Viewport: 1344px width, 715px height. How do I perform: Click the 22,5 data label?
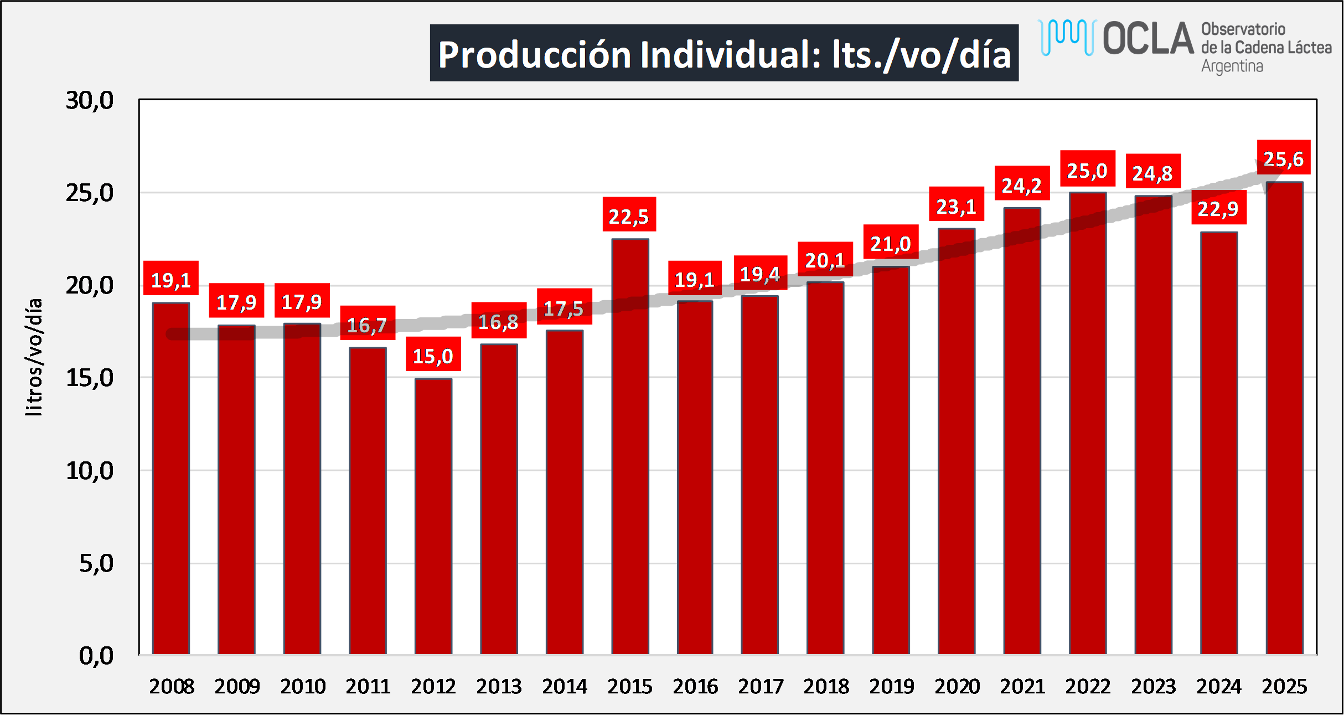pyautogui.click(x=629, y=215)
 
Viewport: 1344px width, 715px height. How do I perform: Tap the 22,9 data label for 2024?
pyautogui.click(x=1218, y=208)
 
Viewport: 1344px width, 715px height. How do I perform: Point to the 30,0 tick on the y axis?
pyautogui.click(x=90, y=100)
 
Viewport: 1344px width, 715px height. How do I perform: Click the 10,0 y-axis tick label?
pyautogui.click(x=90, y=471)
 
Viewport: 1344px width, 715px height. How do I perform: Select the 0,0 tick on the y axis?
pyautogui.click(x=96, y=656)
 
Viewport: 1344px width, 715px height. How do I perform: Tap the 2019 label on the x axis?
pyautogui.click(x=891, y=687)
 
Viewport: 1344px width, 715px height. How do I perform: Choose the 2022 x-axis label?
pyautogui.click(x=1088, y=687)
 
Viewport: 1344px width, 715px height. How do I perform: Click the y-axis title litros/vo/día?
pyautogui.click(x=34, y=357)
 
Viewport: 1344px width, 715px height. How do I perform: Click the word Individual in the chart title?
pyautogui.click(x=731, y=54)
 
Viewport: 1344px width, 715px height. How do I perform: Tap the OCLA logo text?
pyautogui.click(x=1148, y=39)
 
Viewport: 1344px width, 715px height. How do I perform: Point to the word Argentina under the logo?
pyautogui.click(x=1232, y=66)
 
